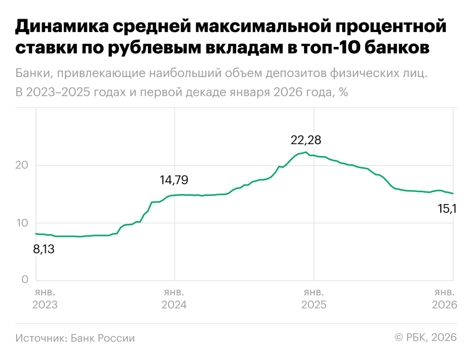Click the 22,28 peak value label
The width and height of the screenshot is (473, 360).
coord(306,141)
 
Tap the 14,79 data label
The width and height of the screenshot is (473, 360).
coord(176,180)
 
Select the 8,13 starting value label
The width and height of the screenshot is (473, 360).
coord(44,250)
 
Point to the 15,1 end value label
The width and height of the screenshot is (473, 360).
coord(447,209)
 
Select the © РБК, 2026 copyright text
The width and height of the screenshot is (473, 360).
coord(426,338)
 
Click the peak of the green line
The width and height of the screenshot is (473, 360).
coord(306,152)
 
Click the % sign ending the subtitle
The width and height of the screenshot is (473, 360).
coord(343,93)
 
